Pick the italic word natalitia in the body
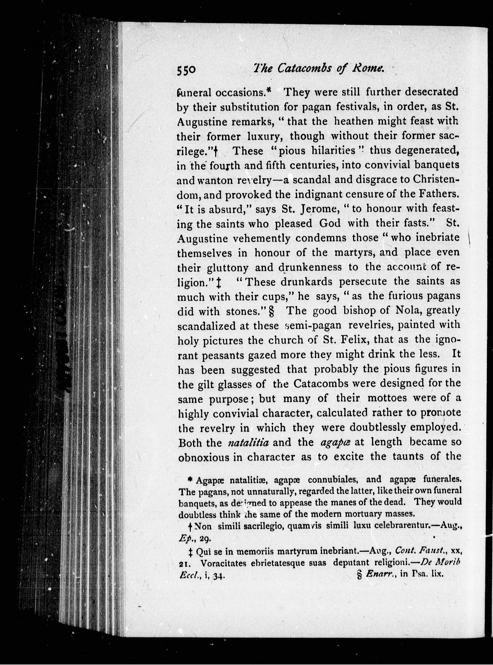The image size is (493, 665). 248,442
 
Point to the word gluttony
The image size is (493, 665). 227,267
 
